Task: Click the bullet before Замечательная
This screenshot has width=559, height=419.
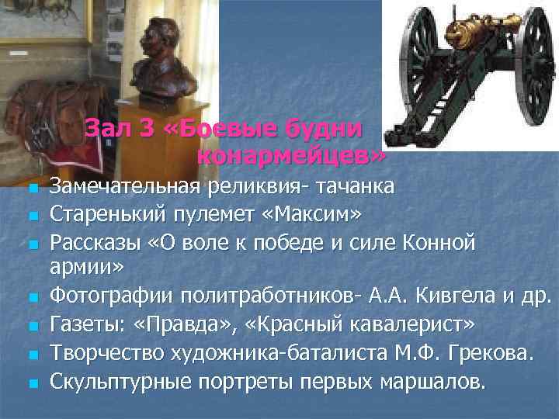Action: tap(31, 188)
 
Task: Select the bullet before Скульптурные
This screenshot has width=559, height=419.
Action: tap(31, 383)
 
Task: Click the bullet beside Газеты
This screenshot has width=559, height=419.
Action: tap(31, 325)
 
